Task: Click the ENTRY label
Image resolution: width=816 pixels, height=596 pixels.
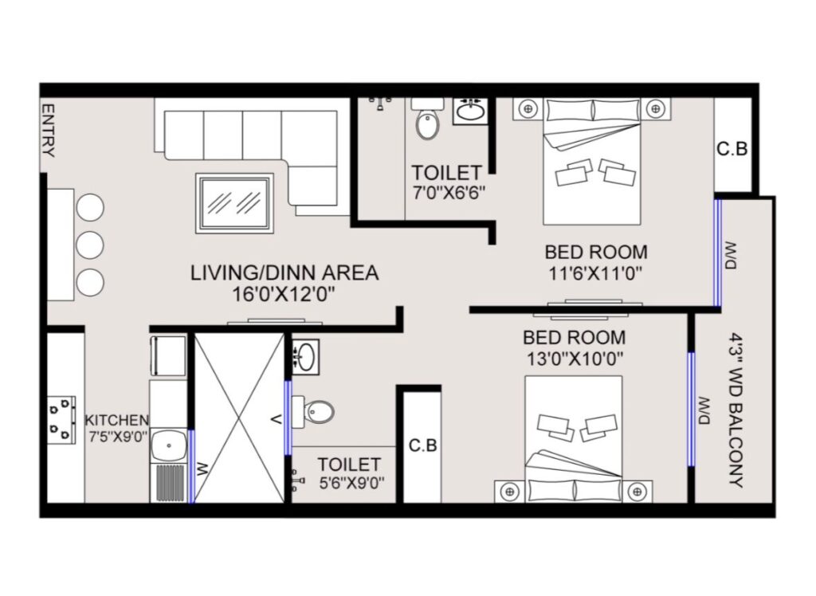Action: (48, 130)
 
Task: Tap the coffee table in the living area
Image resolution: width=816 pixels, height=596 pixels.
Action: (235, 203)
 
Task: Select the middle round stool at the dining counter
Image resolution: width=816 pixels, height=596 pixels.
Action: (90, 245)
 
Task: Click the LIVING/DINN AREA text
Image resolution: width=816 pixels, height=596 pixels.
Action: (284, 273)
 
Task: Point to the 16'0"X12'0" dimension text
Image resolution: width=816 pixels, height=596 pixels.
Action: (283, 295)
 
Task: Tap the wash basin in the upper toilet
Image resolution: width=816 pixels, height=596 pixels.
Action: (471, 110)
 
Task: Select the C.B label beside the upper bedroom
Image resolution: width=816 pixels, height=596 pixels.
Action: (732, 149)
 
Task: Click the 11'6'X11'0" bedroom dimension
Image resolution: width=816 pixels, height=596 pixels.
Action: (596, 273)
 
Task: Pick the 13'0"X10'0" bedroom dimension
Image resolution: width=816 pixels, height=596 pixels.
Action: (575, 359)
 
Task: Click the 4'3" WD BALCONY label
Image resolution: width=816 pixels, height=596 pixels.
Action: (735, 410)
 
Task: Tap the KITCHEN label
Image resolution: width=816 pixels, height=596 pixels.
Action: (117, 420)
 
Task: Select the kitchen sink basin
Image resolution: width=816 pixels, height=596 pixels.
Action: (169, 445)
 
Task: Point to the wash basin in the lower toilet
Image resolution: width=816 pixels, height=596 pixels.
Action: (305, 356)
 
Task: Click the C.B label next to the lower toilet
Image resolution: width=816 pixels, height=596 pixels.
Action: (422, 445)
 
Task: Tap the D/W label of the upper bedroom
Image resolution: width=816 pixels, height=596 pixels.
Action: (730, 256)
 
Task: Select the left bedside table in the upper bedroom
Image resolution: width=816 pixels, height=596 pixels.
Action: (529, 109)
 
